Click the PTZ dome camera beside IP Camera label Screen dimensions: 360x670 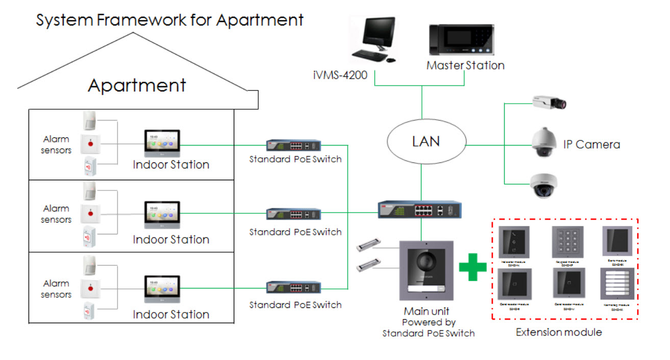click(x=545, y=142)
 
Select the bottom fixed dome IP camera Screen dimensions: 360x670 click(x=544, y=186)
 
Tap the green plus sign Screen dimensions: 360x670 click(x=473, y=267)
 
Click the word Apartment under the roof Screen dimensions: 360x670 click(x=137, y=85)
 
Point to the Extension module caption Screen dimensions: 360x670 click(x=559, y=332)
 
